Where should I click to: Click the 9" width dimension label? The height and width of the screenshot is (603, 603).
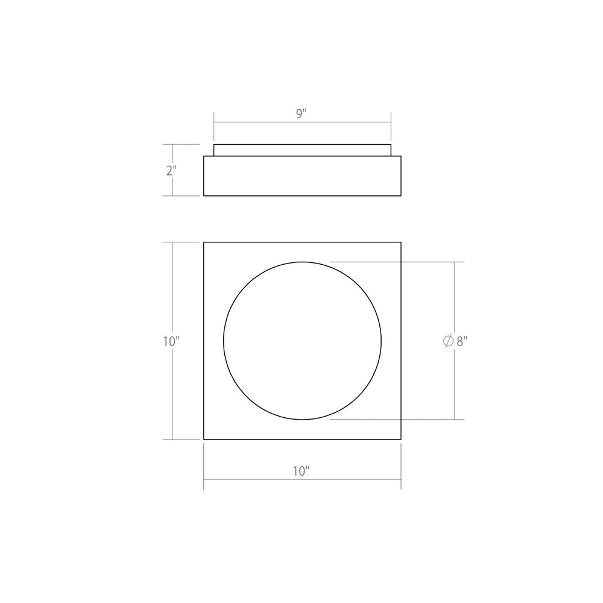301,113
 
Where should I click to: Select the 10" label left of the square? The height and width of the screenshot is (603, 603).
171,341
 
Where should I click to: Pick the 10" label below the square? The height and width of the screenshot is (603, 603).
301,472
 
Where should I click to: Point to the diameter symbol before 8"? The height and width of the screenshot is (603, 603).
448,341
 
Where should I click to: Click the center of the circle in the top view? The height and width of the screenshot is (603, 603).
303,340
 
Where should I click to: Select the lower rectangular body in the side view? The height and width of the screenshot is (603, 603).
303,176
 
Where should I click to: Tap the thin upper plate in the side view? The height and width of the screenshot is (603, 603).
303,150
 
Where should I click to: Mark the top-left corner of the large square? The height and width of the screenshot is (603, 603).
204,242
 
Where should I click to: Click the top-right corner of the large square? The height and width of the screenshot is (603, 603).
402,242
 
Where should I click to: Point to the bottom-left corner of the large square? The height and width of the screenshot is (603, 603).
204,440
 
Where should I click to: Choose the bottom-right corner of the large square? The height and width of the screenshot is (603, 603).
402,440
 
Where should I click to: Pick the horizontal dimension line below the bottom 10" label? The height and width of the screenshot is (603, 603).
253,480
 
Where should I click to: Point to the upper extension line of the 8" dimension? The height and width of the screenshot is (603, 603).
422,262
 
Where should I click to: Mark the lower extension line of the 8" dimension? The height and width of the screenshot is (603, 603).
422,419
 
